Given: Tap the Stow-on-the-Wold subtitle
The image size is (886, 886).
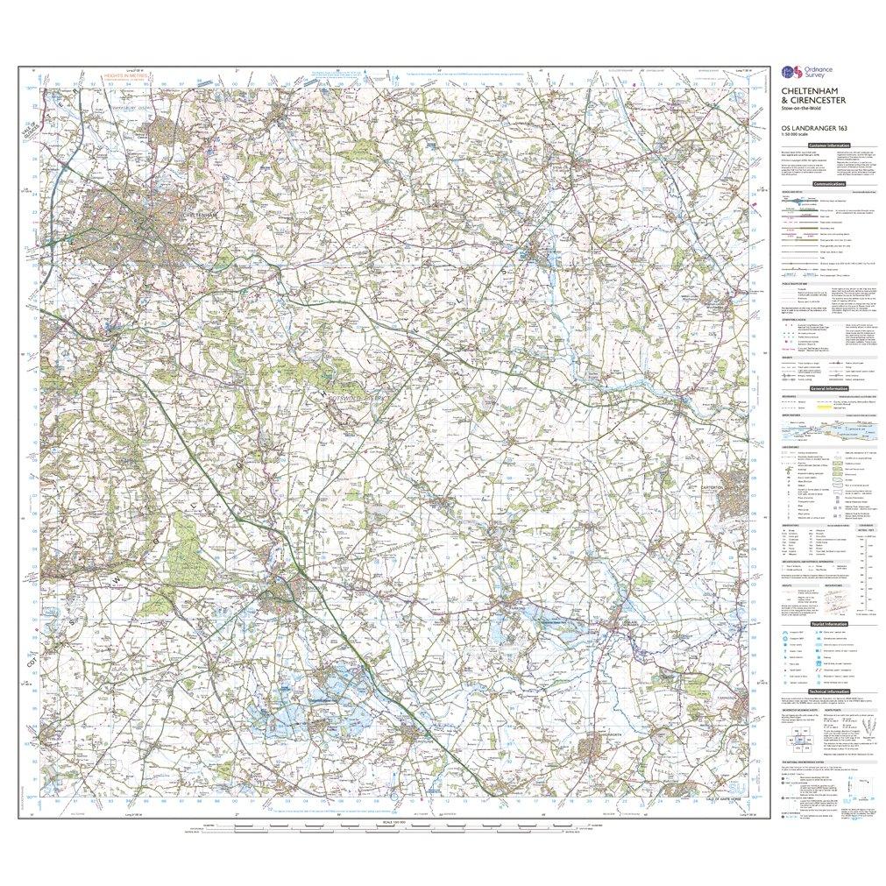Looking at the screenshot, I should tap(801, 118).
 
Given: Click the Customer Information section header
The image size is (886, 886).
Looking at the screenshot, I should tap(828, 145).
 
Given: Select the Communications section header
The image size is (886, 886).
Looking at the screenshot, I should tap(828, 184).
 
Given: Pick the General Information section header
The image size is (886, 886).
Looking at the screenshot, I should tap(828, 388).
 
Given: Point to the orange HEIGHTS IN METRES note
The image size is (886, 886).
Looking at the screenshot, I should tap(124, 78).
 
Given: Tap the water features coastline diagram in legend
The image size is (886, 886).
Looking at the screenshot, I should tap(828, 429).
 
